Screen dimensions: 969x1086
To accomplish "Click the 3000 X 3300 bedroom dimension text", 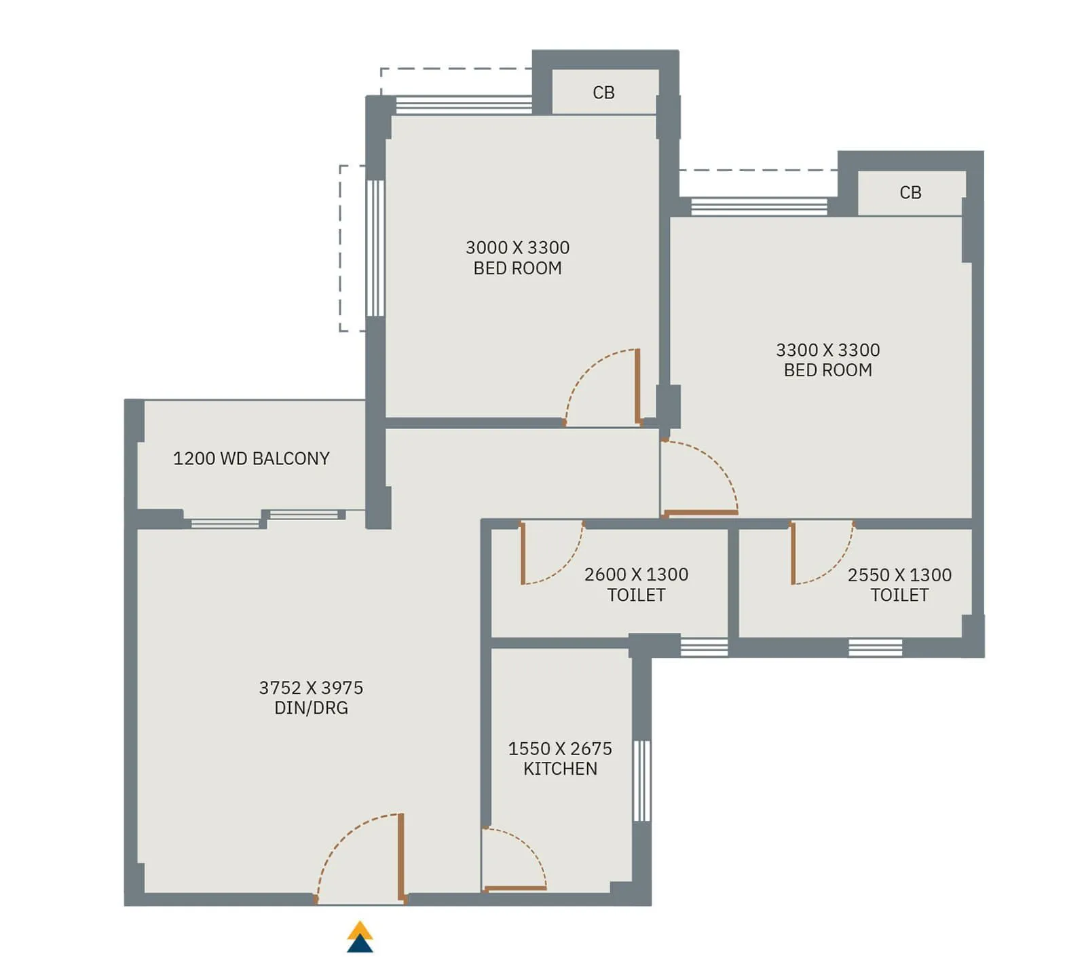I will click(x=517, y=248).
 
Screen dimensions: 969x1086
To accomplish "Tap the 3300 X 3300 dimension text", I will click(x=827, y=350).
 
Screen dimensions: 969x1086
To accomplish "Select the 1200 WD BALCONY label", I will click(x=251, y=459).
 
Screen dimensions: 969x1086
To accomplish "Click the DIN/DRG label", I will click(x=311, y=708).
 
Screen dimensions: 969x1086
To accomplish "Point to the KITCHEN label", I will click(x=560, y=769).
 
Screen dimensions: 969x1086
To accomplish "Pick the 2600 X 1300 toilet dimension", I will click(x=636, y=574).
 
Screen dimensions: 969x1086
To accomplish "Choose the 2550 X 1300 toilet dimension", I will click(x=899, y=575).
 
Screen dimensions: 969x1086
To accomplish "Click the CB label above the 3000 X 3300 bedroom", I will click(x=603, y=92).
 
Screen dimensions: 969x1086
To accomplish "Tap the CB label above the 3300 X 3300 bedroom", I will click(x=910, y=193).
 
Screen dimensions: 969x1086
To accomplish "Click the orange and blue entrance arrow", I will click(x=360, y=937).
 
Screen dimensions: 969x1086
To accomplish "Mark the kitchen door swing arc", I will click(x=526, y=845).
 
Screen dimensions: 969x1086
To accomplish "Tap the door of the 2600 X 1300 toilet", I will click(x=523, y=553).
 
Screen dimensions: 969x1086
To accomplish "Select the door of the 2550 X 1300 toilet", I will click(x=793, y=553).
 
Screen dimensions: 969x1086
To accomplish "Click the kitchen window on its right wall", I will click(x=641, y=781).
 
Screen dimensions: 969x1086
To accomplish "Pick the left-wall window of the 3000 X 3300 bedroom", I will click(x=375, y=248).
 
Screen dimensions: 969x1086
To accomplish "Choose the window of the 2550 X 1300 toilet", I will click(x=875, y=647).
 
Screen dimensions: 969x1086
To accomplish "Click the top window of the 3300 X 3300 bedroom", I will click(x=759, y=206).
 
